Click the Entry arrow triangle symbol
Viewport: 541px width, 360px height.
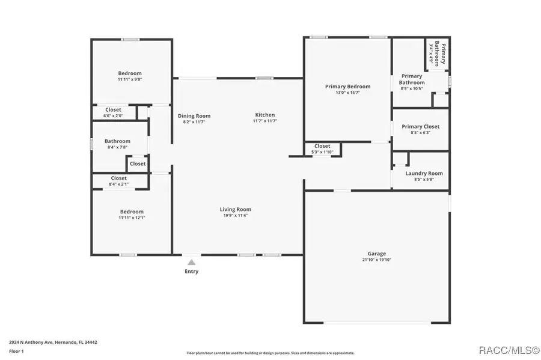[191, 262]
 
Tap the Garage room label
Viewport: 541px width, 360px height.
[377, 254]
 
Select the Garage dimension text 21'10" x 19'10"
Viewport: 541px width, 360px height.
[377, 260]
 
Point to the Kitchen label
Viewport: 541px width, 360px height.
[265, 115]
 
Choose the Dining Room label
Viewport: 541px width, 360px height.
[194, 116]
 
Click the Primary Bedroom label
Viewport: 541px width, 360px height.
[347, 87]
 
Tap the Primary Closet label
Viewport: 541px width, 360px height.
[420, 127]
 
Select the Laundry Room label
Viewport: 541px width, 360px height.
[424, 173]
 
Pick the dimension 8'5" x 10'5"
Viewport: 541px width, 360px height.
[411, 88]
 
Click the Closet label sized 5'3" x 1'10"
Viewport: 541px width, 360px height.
[322, 146]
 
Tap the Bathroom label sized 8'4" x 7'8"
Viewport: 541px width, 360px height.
[118, 141]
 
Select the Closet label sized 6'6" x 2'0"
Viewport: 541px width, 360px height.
[113, 110]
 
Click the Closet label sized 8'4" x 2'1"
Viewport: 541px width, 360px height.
[118, 178]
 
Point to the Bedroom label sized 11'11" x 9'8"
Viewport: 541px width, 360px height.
[130, 73]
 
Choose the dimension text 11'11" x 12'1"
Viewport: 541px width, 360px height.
[132, 218]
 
